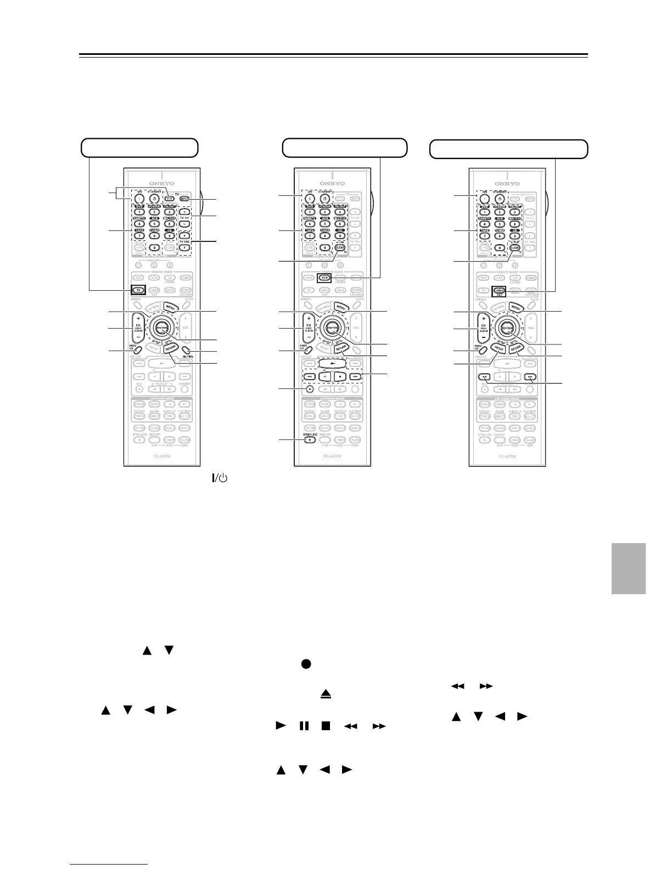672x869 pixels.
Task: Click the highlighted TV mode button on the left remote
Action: coord(138,290)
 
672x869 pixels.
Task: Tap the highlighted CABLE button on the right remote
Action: coord(499,291)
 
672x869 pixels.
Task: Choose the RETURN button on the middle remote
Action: coord(341,348)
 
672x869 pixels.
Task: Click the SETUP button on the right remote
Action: coord(499,348)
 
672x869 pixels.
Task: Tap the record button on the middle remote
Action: coord(310,389)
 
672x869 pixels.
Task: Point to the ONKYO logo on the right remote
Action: coord(507,184)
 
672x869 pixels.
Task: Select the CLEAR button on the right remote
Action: coord(514,247)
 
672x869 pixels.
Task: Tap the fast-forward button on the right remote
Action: coord(530,377)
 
